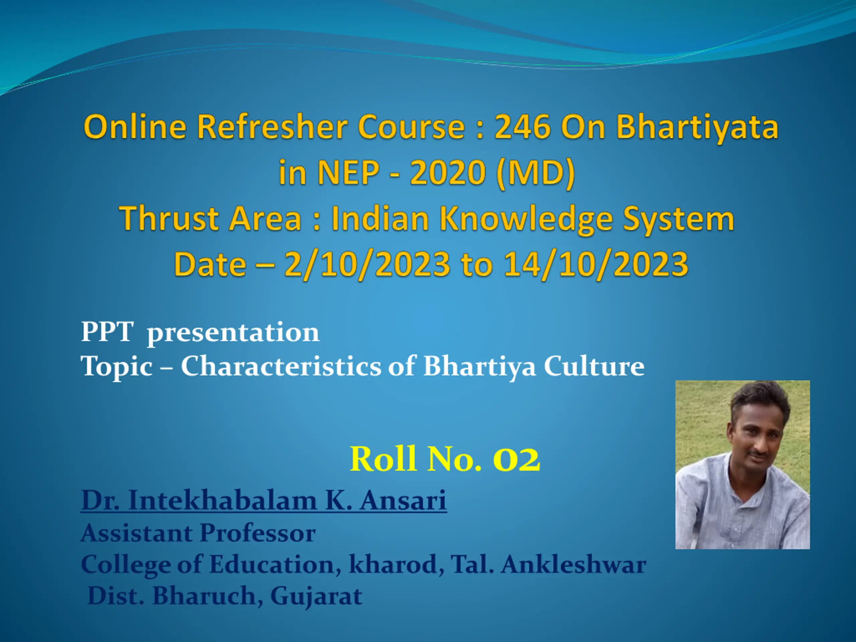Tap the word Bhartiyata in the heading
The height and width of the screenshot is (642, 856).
697,127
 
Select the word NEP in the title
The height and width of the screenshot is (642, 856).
348,173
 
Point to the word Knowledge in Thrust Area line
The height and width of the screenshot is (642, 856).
526,219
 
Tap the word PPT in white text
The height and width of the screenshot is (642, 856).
107,332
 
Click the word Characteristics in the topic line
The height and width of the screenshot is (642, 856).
281,366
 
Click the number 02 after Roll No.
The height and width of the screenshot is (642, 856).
516,459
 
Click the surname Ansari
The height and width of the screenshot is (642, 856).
403,500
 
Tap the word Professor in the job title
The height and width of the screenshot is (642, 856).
258,533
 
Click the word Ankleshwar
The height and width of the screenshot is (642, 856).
574,564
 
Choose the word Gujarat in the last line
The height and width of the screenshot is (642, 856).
316,596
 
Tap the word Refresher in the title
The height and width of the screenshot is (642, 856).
273,127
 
